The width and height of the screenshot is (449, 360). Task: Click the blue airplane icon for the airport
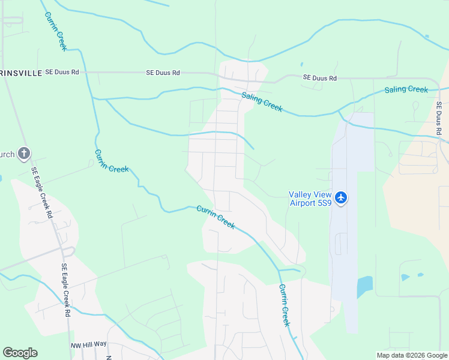tap(341, 197)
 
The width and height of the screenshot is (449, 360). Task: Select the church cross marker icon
tap(23, 154)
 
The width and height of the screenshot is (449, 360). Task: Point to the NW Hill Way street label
tap(88, 344)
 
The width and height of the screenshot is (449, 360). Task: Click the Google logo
tap(20, 353)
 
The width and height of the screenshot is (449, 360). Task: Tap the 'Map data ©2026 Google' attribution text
tap(411, 355)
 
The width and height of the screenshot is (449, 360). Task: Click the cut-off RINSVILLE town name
tap(21, 73)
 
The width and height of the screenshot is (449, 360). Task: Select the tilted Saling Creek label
tap(262, 101)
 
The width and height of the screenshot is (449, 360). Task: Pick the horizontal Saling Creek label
tap(406, 89)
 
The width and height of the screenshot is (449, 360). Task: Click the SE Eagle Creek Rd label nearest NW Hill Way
tap(65, 290)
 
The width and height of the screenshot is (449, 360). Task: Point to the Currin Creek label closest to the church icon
tap(111, 160)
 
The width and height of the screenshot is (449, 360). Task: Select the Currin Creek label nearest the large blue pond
tap(285, 305)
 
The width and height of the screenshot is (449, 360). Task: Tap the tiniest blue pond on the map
tap(421, 275)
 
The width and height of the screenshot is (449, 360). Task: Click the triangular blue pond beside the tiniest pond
tap(405, 277)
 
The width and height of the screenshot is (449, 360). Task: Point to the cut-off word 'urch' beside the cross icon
tap(7, 154)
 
